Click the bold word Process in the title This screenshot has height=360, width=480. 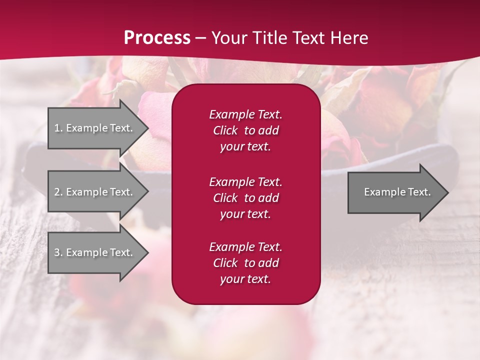[157, 38]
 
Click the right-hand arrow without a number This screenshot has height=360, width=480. [395, 192]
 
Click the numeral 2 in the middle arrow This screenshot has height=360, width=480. [57, 192]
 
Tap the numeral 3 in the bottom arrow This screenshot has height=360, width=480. [57, 252]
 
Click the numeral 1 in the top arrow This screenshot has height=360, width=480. [57, 128]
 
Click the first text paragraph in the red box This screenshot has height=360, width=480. [245, 130]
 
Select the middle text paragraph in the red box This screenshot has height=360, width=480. [245, 198]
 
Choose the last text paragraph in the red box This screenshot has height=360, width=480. [245, 263]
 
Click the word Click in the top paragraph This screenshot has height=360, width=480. [225, 130]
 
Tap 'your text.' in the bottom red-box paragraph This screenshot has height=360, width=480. [245, 279]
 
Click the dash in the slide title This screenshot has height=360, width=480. [200, 38]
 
